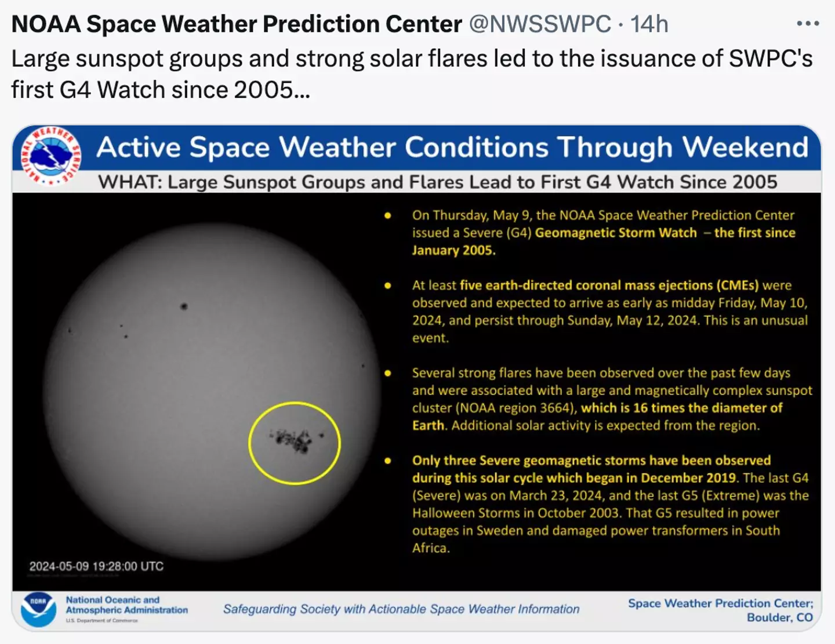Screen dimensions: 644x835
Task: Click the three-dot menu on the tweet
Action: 807,24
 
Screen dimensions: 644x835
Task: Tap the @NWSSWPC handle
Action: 539,24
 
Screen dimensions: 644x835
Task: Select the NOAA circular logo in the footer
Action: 39,609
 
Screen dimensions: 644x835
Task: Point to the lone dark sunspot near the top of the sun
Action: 184,306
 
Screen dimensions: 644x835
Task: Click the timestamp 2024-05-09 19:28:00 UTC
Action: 96,566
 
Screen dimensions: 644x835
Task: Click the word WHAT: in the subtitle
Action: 130,182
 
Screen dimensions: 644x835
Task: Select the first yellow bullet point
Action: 388,216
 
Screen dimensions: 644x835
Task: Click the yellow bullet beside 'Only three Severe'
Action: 388,461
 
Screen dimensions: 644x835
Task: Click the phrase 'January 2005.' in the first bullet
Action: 453,250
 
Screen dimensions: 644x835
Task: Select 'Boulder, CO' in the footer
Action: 779,617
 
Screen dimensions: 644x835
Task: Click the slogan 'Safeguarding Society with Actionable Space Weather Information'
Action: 401,609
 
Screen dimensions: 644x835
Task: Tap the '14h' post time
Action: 649,24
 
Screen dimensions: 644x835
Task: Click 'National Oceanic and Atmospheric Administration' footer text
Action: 126,605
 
